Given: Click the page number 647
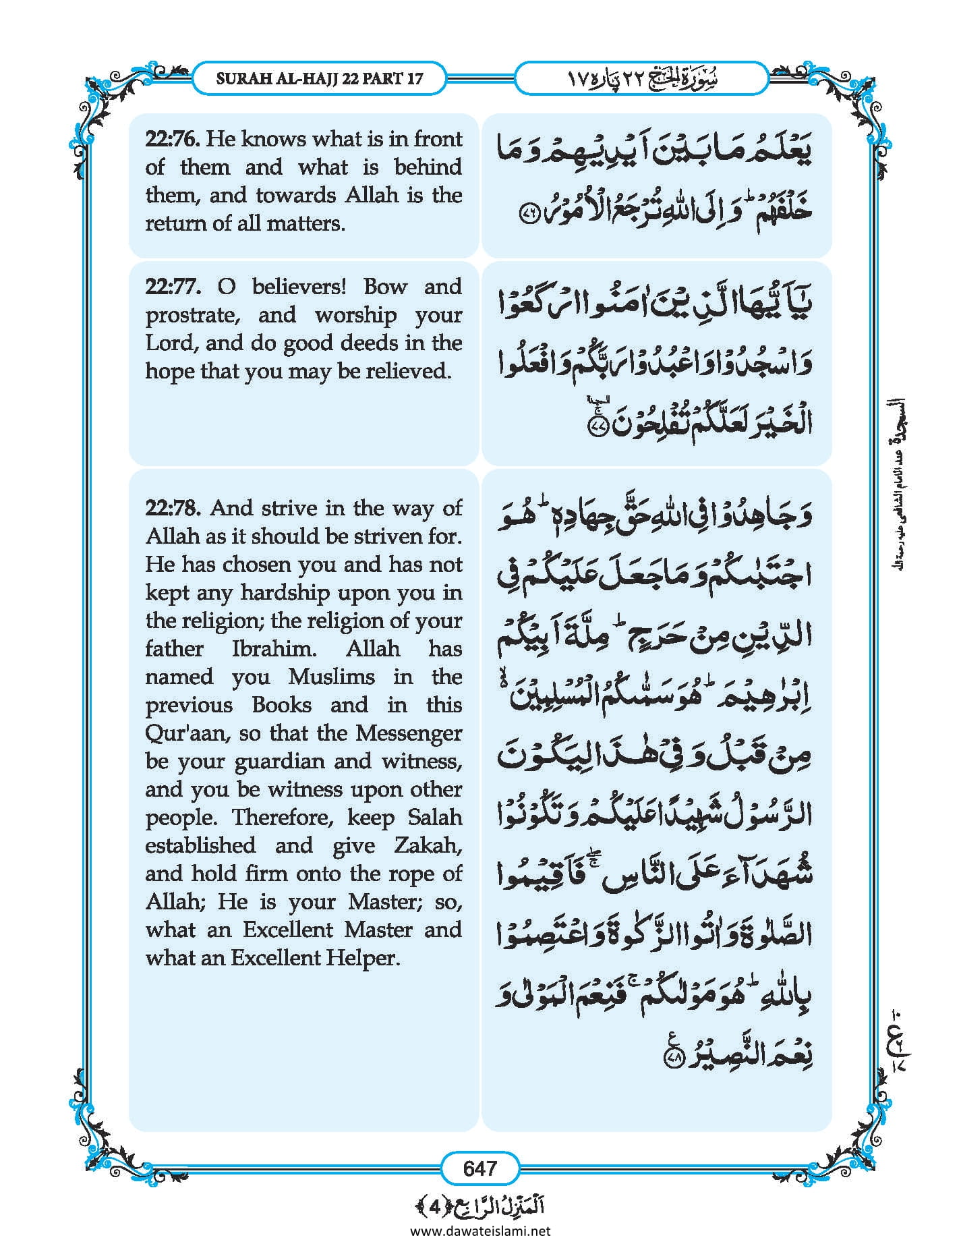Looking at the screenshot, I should pos(479,1168).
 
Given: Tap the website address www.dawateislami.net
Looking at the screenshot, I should pos(480,1230).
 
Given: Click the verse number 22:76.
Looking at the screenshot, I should pos(172,139).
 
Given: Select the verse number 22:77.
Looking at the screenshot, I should pos(173,287).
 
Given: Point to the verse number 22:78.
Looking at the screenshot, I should pos(173,508).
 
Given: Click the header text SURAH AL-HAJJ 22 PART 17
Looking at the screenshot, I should pos(320,78).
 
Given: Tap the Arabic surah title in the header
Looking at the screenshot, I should pos(641,78).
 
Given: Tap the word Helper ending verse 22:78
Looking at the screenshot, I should pos(369,958).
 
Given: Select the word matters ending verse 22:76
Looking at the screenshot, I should pos(310,223).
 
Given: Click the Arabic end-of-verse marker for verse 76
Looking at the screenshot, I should pos(528,214).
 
